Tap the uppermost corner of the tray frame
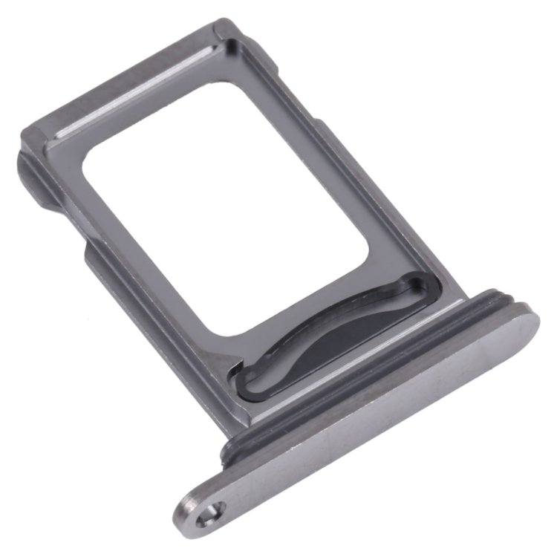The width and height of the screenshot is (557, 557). point(215,26)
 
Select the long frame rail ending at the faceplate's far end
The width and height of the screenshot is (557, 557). point(349,149)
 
